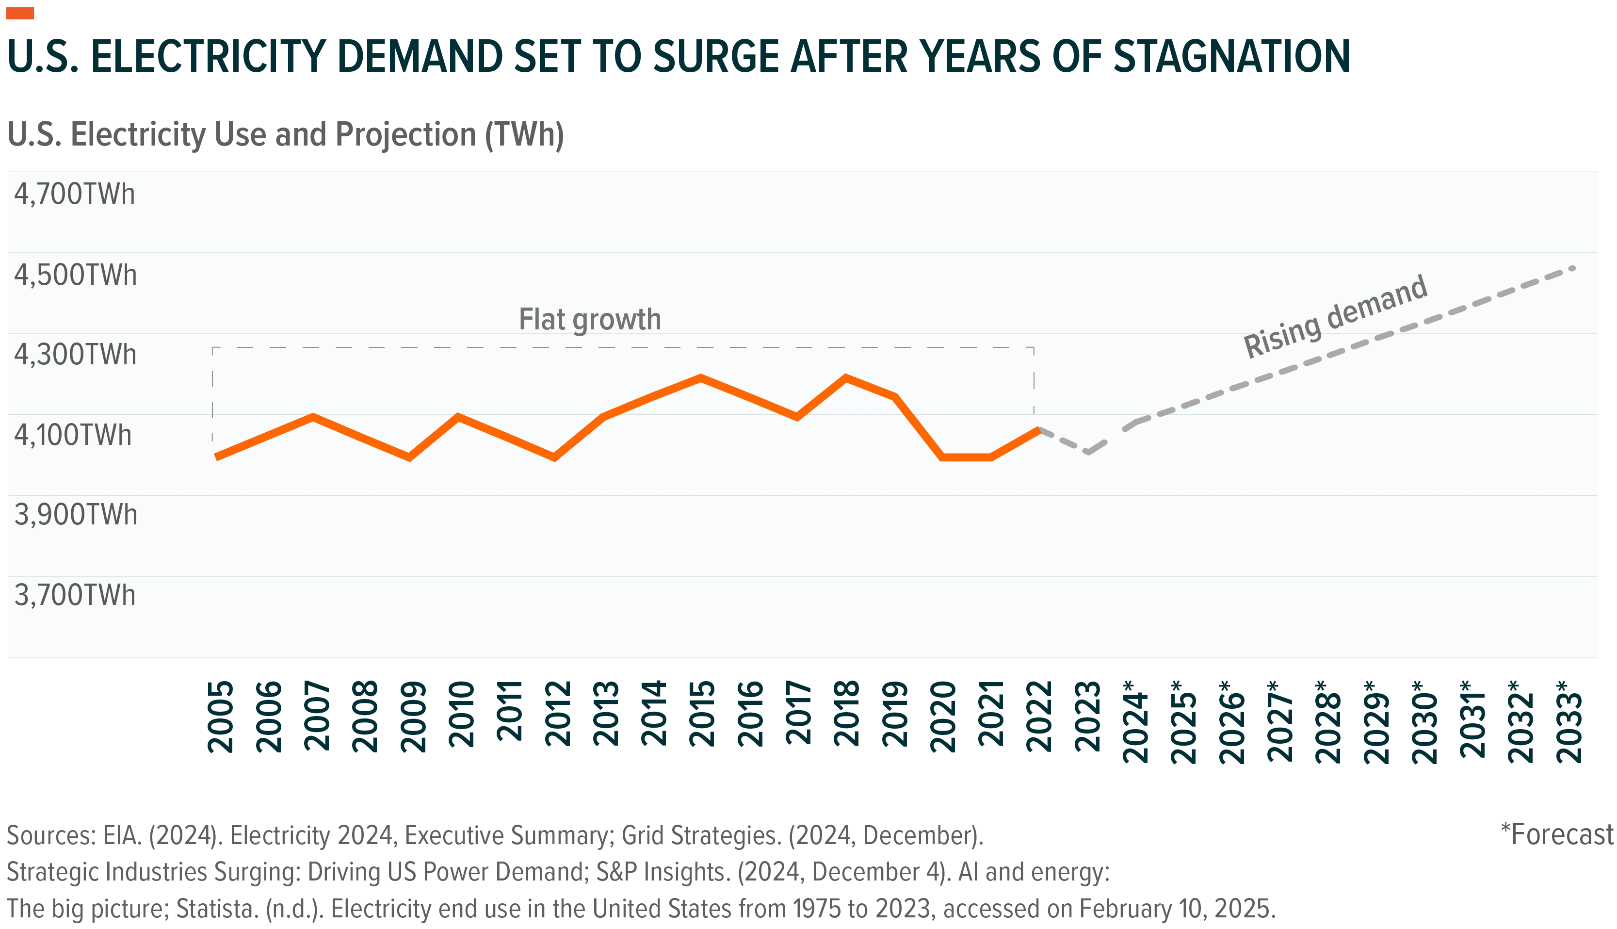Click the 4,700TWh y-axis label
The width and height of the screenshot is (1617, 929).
[x=75, y=194]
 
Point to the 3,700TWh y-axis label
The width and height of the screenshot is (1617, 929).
[x=75, y=595]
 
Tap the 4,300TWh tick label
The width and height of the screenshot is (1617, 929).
[x=75, y=354]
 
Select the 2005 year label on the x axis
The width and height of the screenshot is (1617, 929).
[x=221, y=717]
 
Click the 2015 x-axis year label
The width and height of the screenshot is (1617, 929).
[x=702, y=714]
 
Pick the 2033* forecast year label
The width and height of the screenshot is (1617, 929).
[x=1569, y=722]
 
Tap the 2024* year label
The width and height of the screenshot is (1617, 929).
[x=1135, y=722]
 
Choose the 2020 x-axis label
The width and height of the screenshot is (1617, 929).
[x=943, y=717]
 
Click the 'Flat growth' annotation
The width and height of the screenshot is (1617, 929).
[x=590, y=320]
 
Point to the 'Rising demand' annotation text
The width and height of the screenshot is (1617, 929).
[x=1336, y=316]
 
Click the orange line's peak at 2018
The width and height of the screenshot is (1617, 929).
[x=845, y=377]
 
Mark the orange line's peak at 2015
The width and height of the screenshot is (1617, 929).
[x=700, y=377]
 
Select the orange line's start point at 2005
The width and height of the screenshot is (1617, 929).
[x=217, y=457]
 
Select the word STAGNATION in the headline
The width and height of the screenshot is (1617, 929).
[x=1232, y=56]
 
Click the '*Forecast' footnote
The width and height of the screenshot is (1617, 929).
[x=1557, y=834]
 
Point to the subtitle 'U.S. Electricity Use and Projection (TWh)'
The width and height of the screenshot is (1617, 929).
[x=286, y=135]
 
